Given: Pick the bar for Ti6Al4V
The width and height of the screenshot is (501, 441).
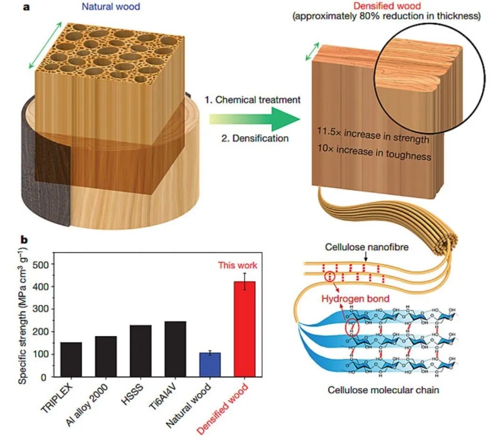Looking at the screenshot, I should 175,349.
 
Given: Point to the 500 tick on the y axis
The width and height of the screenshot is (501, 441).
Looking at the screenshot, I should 43,265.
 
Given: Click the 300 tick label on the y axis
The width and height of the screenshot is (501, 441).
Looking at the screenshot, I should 43,309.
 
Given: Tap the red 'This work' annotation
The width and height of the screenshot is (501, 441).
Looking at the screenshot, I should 238,265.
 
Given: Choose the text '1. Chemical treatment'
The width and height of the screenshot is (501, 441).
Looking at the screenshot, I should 252,100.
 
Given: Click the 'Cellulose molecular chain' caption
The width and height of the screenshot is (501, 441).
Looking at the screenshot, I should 383,390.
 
